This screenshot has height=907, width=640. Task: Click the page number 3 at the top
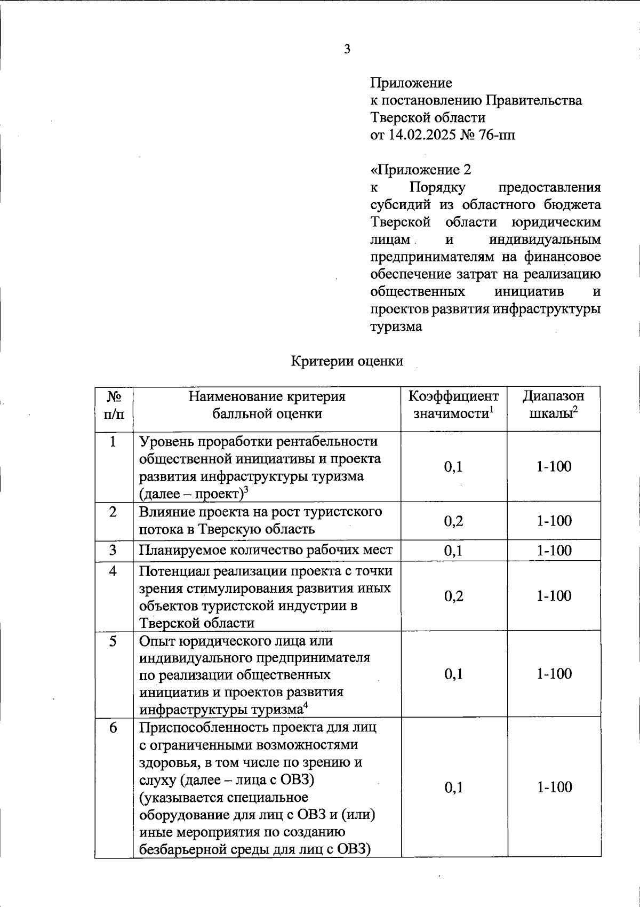coord(347,50)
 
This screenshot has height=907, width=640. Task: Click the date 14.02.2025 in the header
coord(419,135)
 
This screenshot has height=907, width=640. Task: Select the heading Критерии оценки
coord(347,361)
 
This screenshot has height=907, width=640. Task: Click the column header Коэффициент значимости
coord(454,404)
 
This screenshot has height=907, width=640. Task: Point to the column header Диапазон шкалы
coord(554,404)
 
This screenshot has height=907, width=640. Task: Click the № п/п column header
coord(114,404)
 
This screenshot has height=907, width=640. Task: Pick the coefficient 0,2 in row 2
coord(453,521)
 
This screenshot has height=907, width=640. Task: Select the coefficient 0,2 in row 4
coord(453,596)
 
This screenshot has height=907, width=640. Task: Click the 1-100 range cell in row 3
coord(554,551)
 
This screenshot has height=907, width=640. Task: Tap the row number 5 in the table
coord(113,641)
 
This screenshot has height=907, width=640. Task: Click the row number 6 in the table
coord(113,728)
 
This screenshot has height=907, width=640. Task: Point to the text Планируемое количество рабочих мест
coord(266,551)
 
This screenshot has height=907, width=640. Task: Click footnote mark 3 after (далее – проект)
coord(246,490)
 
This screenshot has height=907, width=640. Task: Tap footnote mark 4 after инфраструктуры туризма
coord(306,706)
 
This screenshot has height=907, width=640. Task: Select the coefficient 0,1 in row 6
coord(453,787)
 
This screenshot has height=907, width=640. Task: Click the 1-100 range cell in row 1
coord(554,467)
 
